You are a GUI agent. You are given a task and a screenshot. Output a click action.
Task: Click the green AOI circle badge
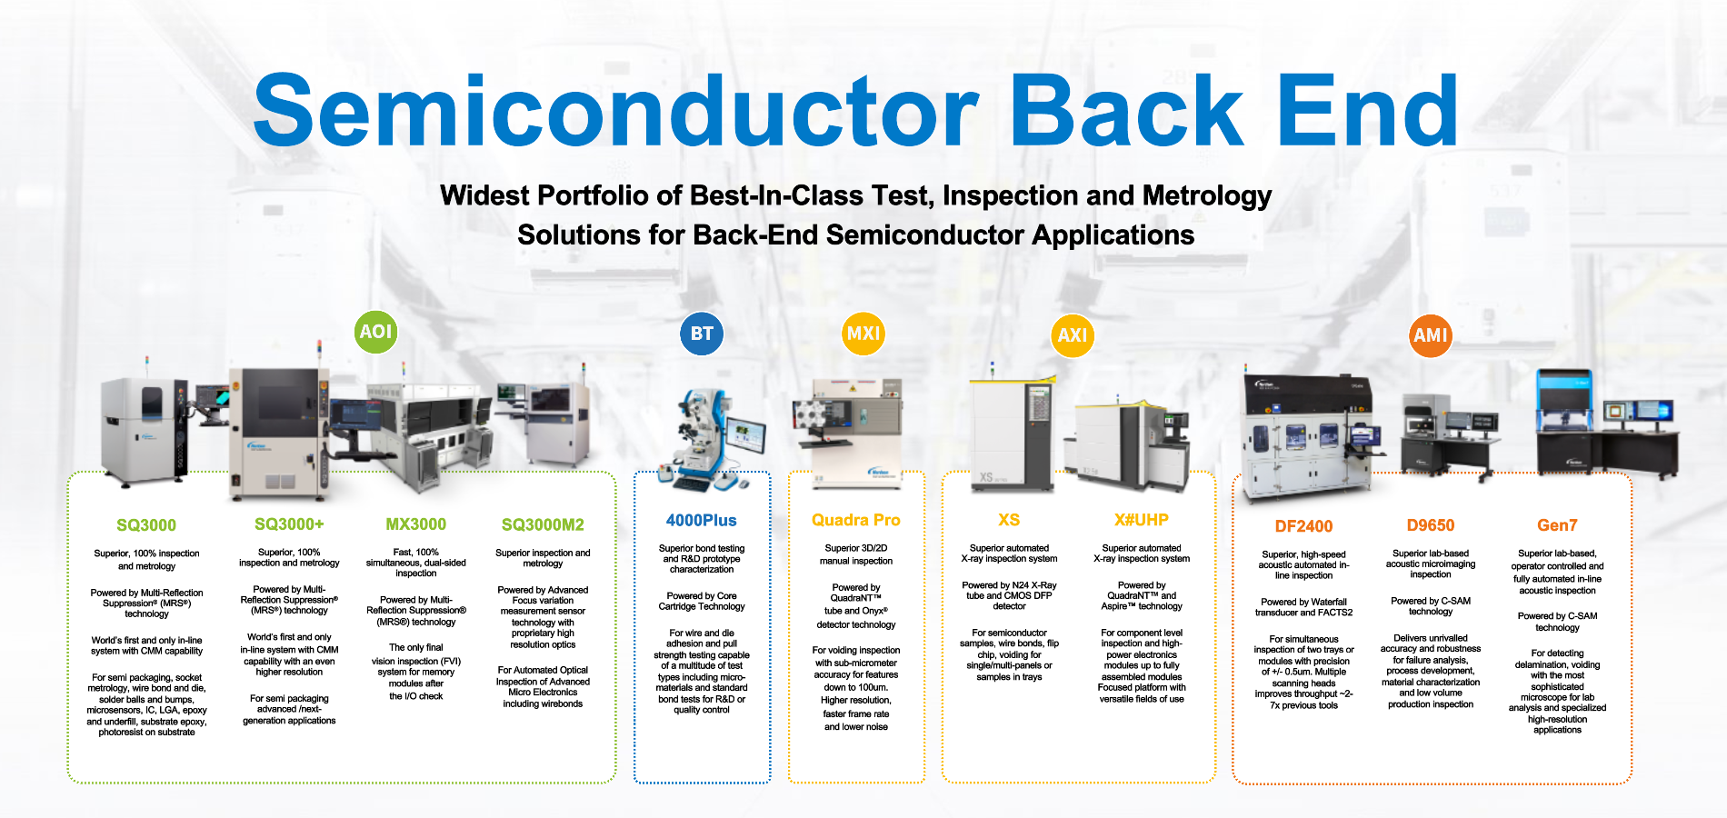pyautogui.click(x=375, y=332)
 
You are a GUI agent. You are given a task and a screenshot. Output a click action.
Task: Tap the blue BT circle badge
pyautogui.click(x=702, y=334)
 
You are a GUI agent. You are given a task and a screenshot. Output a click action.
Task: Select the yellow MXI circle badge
pyautogui.click(x=863, y=334)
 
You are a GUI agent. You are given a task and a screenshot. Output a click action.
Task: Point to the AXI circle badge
pyautogui.click(x=1073, y=335)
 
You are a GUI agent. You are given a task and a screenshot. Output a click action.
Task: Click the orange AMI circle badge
pyautogui.click(x=1430, y=335)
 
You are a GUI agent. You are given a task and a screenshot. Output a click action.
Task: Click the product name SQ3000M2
pyautogui.click(x=543, y=524)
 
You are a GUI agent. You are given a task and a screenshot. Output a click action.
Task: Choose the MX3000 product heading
pyautogui.click(x=415, y=524)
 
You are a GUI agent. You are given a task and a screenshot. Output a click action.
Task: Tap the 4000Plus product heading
pyautogui.click(x=701, y=521)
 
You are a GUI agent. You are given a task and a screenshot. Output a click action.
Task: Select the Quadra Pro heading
pyautogui.click(x=855, y=520)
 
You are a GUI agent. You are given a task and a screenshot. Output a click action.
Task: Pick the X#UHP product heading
pyautogui.click(x=1141, y=520)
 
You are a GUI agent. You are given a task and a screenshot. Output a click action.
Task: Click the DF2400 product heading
pyautogui.click(x=1303, y=526)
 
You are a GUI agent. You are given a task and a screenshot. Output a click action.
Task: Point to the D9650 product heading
pyautogui.click(x=1430, y=525)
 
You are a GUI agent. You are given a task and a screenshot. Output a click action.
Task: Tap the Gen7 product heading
pyautogui.click(x=1557, y=525)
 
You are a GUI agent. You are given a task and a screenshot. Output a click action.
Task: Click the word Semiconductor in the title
pyautogui.click(x=616, y=111)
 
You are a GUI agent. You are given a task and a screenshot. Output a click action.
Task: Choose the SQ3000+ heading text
pyautogui.click(x=289, y=524)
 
